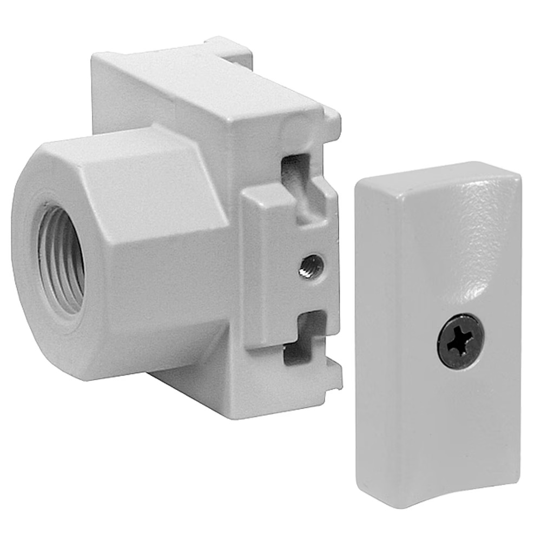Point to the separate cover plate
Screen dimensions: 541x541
coord(438,335)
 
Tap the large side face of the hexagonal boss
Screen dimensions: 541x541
coord(162,249)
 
